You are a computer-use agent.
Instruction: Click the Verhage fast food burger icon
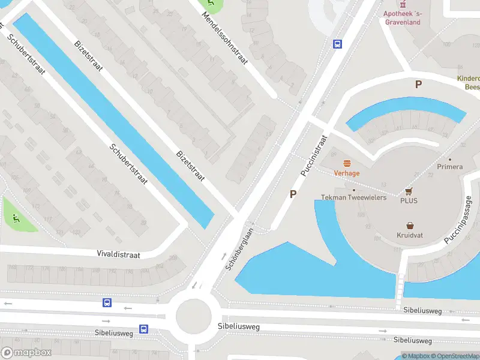[347, 163]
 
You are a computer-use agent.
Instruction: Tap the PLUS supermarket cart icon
[409, 191]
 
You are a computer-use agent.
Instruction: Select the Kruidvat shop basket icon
[410, 226]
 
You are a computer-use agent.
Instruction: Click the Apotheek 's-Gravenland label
[403, 18]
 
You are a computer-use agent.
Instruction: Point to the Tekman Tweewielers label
[353, 197]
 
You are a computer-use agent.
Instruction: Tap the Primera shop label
[450, 167]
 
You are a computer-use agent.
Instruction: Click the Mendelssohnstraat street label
[227, 35]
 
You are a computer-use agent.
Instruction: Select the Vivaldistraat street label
[118, 254]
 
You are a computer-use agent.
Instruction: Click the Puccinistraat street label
[313, 155]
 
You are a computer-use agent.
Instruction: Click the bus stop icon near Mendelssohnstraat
[338, 44]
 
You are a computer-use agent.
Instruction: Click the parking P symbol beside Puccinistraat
[293, 194]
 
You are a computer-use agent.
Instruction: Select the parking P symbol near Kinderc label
[418, 85]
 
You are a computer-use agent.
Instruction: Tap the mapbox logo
[26, 353]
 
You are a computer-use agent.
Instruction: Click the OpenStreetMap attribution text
[454, 356]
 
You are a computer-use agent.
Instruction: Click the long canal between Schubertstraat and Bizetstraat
[114, 120]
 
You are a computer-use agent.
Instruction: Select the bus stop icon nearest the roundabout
[144, 329]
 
